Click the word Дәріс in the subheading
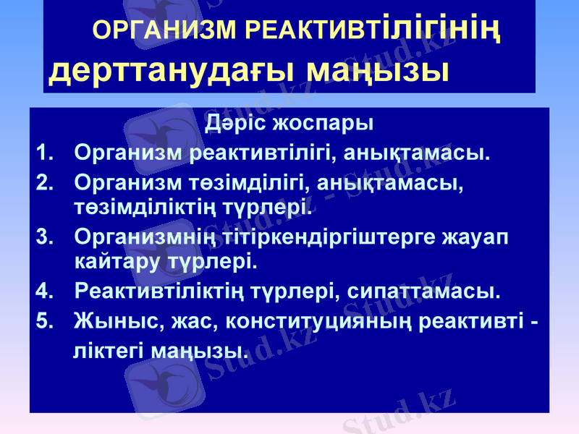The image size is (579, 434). [234, 122]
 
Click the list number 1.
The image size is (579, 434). [43, 153]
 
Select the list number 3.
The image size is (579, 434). [43, 237]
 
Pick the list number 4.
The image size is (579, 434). [43, 292]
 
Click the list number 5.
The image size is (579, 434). [43, 320]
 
